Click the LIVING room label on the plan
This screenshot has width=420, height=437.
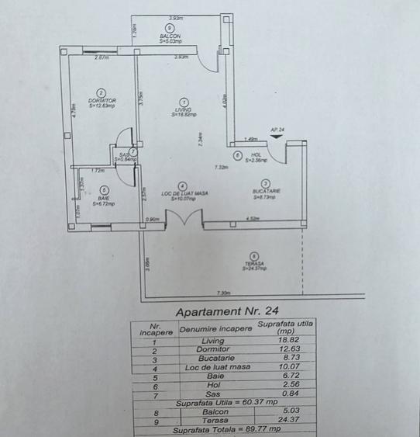(183, 110)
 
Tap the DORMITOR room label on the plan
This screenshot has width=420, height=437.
(102, 101)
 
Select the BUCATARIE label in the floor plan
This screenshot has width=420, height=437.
(266, 191)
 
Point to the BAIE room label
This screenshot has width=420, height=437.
(103, 199)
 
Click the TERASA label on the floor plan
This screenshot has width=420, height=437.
(253, 264)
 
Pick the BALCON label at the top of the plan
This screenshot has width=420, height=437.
(170, 36)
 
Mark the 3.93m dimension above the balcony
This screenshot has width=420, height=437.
(176, 17)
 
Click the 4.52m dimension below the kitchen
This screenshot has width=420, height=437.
(252, 219)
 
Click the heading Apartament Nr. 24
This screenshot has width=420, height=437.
(227, 312)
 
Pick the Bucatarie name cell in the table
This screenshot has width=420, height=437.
(212, 359)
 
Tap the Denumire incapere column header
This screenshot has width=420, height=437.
(216, 329)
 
